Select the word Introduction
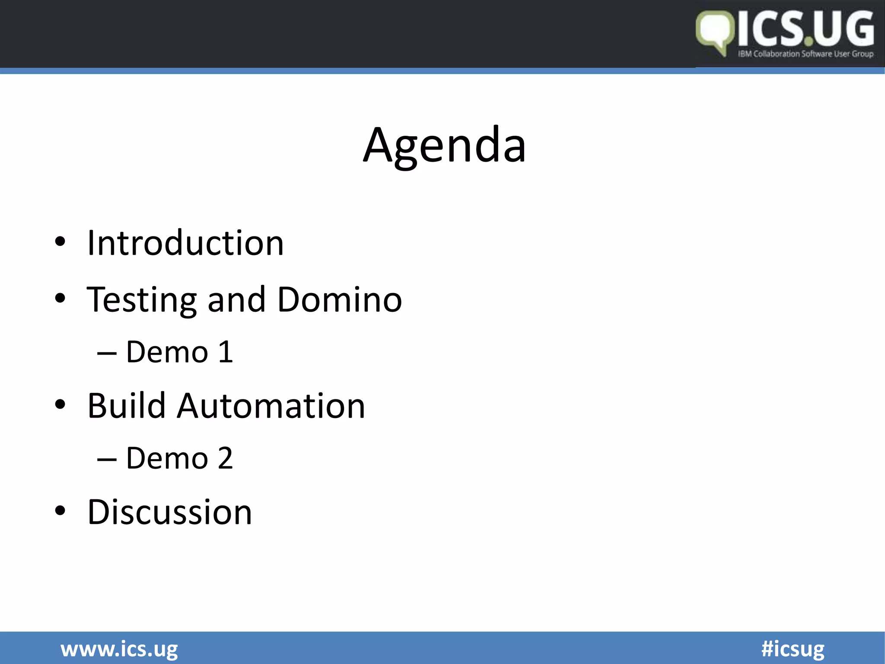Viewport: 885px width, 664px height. (x=185, y=243)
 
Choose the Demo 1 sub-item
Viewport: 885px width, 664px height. (x=179, y=352)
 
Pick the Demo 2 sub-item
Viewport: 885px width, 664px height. (x=179, y=458)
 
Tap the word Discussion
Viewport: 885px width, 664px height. (x=170, y=512)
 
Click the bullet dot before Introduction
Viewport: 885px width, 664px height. (x=60, y=242)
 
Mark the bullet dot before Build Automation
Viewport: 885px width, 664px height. (x=60, y=404)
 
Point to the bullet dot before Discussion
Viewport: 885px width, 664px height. (x=60, y=511)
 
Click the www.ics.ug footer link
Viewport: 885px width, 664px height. (x=119, y=649)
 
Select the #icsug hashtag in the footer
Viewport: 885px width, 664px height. (x=793, y=649)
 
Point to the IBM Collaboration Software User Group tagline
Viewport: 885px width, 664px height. (x=805, y=54)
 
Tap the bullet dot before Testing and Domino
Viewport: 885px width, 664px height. (x=60, y=298)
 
